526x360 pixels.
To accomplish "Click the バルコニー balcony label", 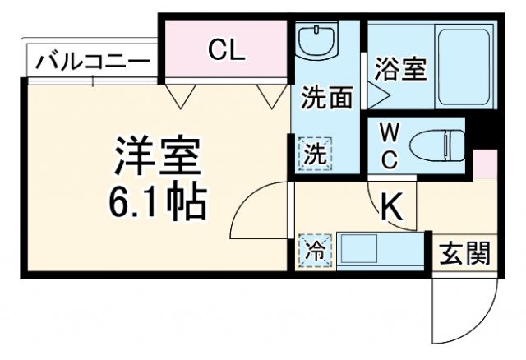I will coord(93,61).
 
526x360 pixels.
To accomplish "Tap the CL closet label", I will coord(226,50).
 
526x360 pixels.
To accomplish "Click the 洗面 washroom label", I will coord(325,97).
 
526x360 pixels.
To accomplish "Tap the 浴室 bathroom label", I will coord(401,69).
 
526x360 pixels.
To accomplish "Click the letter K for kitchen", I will coord(392,209).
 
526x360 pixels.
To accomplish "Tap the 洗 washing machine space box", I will coord(316,152).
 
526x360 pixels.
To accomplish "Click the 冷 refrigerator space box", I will coord(316,251).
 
